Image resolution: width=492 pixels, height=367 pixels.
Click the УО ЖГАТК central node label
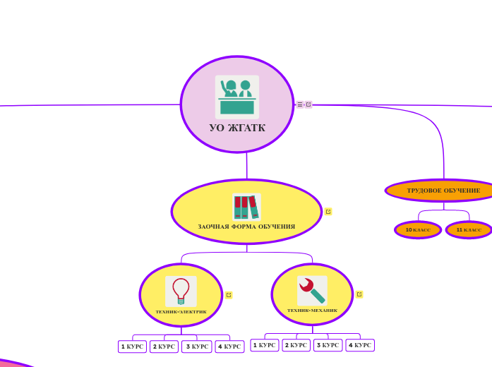click(x=237, y=128)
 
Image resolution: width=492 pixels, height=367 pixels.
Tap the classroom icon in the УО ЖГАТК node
click(x=237, y=97)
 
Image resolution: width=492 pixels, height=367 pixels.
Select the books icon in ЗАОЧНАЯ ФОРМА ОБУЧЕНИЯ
click(x=246, y=207)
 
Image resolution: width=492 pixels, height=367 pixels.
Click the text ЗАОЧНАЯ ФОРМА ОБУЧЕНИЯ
click(x=246, y=227)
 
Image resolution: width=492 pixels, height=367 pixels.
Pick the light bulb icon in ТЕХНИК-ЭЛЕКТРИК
click(x=181, y=291)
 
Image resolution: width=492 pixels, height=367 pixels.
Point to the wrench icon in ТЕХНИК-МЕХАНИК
click(x=312, y=290)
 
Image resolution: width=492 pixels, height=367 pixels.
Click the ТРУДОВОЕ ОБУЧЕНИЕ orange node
click(x=443, y=191)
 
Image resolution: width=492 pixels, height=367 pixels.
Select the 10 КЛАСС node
click(x=418, y=230)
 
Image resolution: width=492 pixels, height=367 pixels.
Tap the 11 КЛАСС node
click(x=469, y=230)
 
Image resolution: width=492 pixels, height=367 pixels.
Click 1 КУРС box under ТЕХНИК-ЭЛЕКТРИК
click(x=132, y=347)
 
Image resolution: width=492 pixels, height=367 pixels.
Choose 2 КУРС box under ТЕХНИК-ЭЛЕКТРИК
click(x=164, y=347)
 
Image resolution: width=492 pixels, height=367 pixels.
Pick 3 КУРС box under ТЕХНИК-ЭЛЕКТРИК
click(x=197, y=347)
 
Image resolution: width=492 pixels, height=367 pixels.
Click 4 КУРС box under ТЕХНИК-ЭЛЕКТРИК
click(x=229, y=347)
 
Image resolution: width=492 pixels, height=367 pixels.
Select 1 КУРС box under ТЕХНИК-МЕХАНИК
click(x=265, y=345)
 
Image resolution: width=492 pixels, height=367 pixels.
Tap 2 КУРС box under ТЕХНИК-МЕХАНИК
click(x=296, y=345)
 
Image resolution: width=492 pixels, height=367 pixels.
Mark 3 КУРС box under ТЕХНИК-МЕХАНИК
click(x=328, y=345)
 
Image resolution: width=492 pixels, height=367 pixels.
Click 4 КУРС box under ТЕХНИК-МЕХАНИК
click(x=360, y=345)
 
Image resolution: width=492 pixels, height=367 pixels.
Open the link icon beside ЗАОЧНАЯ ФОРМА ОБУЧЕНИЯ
click(x=328, y=212)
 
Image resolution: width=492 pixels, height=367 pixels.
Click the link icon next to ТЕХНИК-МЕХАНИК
click(x=359, y=294)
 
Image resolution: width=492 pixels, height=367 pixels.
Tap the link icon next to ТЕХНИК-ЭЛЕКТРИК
click(x=229, y=295)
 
